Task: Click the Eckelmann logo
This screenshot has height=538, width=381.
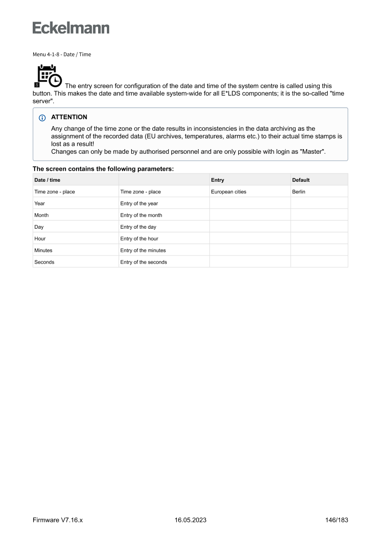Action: (x=71, y=28)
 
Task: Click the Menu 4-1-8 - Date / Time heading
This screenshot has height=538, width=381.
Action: (x=62, y=54)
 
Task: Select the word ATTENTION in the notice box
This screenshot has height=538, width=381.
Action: (x=69, y=117)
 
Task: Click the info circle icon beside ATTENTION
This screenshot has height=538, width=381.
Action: (x=43, y=117)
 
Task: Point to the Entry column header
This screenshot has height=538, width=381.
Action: (x=217, y=180)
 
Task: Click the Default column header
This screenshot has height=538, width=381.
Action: (x=301, y=180)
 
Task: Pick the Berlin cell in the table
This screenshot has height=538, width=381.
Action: (x=299, y=192)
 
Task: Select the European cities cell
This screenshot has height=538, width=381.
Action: (x=229, y=192)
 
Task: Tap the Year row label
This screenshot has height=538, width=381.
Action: (x=40, y=203)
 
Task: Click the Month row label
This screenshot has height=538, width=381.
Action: (x=41, y=215)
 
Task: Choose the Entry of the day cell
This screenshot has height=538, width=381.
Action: (x=138, y=227)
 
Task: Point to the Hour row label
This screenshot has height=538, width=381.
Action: (x=40, y=239)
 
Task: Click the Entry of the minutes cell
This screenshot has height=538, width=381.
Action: (x=143, y=250)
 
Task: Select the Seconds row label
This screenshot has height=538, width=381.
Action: (x=44, y=262)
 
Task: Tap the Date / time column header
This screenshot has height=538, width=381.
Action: (x=47, y=180)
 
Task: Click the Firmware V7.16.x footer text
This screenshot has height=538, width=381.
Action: (x=58, y=520)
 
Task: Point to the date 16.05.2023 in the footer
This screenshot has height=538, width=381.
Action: (x=190, y=520)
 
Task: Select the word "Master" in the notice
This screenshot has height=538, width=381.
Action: (x=313, y=152)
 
